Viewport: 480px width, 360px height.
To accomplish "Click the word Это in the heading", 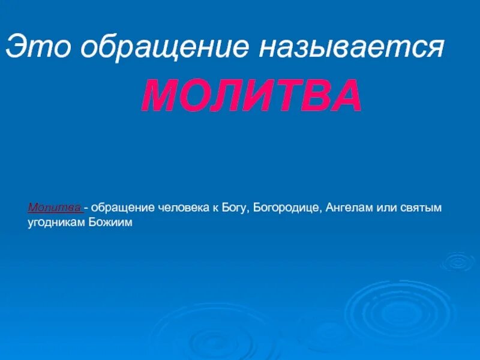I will click(x=37, y=47).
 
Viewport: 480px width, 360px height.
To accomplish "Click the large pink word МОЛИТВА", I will click(x=252, y=97).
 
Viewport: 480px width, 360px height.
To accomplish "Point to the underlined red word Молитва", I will click(x=55, y=208).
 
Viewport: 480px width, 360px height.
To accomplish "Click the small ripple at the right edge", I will click(x=458, y=261).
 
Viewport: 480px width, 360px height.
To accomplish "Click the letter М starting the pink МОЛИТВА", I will click(x=158, y=97).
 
